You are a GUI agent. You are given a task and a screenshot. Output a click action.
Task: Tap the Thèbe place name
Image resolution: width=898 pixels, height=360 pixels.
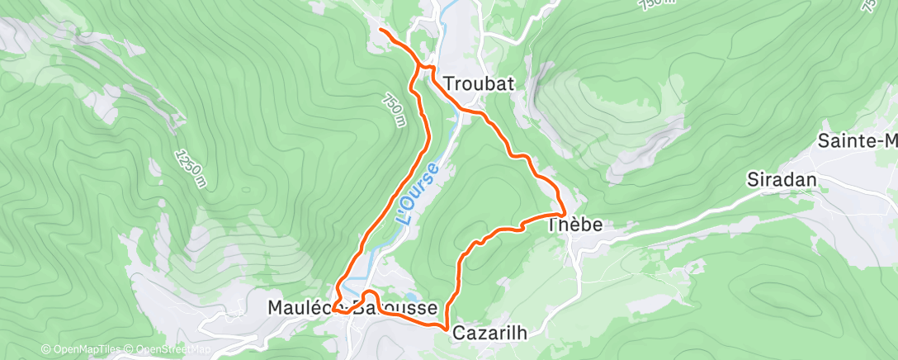click(x=576, y=225)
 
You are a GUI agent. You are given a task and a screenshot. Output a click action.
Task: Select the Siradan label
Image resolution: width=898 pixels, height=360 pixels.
click(x=781, y=179)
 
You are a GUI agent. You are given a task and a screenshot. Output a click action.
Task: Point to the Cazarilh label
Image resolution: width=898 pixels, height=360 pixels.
click(x=488, y=332)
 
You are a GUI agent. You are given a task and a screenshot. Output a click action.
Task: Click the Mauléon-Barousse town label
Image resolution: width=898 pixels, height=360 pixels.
click(x=352, y=308)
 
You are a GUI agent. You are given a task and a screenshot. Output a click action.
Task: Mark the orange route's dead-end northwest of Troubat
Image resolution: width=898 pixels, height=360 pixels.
click(x=380, y=31)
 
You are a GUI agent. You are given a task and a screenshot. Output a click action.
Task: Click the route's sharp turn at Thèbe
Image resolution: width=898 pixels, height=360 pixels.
click(x=564, y=213)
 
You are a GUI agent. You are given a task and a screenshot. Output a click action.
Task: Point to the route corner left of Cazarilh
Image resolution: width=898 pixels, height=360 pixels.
click(x=447, y=329)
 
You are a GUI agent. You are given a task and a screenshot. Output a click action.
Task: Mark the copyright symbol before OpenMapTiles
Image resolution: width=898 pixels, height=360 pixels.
click(x=45, y=350)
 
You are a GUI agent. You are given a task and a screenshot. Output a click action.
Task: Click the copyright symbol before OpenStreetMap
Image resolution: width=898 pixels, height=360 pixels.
click(x=130, y=350)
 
